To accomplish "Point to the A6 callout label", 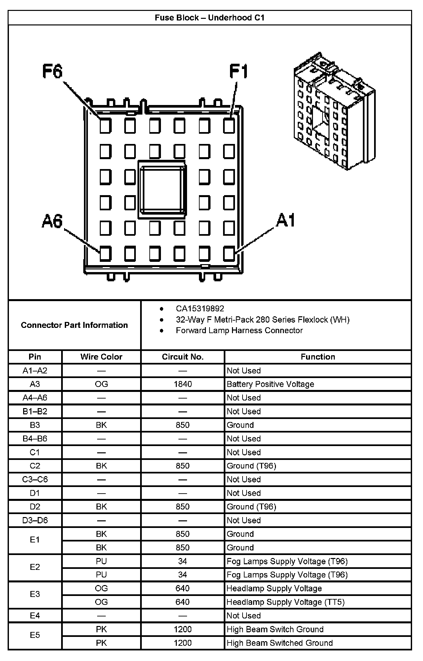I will click(52, 221).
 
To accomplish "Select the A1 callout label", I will click(286, 220).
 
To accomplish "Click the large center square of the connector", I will click(162, 190).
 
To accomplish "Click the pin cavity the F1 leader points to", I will click(229, 126).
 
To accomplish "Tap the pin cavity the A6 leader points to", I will click(105, 254).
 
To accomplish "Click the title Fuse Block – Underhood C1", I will click(210, 18).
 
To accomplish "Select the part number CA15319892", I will click(200, 309).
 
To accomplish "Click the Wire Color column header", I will click(101, 357).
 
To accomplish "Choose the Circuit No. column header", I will click(182, 357).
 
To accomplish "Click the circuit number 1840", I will click(182, 384).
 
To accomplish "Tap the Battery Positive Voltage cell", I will click(270, 384).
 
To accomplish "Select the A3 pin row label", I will click(35, 384).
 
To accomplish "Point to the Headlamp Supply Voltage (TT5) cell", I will click(286, 602).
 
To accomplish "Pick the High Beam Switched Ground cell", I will click(280, 643).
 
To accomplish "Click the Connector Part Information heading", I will click(74, 325).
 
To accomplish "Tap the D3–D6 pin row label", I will click(35, 520).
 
